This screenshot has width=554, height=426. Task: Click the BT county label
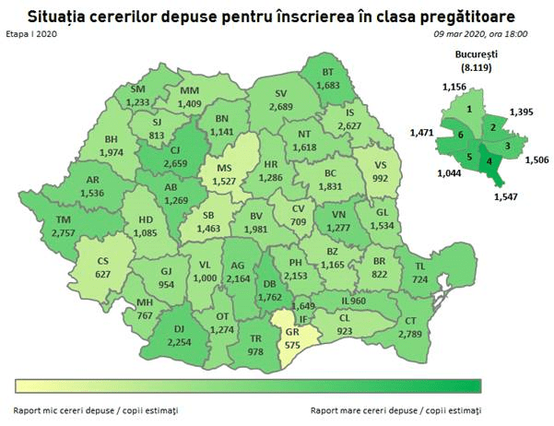[327, 72]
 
